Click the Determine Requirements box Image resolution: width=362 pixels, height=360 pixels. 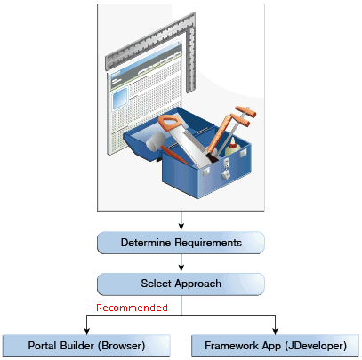click(181, 243)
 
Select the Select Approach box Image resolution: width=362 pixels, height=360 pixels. click(181, 284)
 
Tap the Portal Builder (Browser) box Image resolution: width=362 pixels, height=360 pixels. click(86, 346)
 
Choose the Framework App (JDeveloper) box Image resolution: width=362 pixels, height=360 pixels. click(276, 346)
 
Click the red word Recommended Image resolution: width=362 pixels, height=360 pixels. click(132, 308)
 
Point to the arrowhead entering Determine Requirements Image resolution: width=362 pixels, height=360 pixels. click(181, 227)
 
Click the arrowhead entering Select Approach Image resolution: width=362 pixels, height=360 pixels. click(181, 268)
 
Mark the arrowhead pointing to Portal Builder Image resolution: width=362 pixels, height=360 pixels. click(86, 331)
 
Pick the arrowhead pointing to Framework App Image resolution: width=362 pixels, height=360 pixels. click(276, 331)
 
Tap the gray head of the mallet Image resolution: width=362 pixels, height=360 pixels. click(155, 141)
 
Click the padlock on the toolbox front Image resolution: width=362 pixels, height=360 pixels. click(226, 170)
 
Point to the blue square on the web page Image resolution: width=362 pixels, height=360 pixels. click(120, 98)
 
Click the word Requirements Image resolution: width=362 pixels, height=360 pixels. click(208, 243)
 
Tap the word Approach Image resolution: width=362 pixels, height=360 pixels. click(197, 284)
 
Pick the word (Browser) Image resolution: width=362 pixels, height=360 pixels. click(121, 346)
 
